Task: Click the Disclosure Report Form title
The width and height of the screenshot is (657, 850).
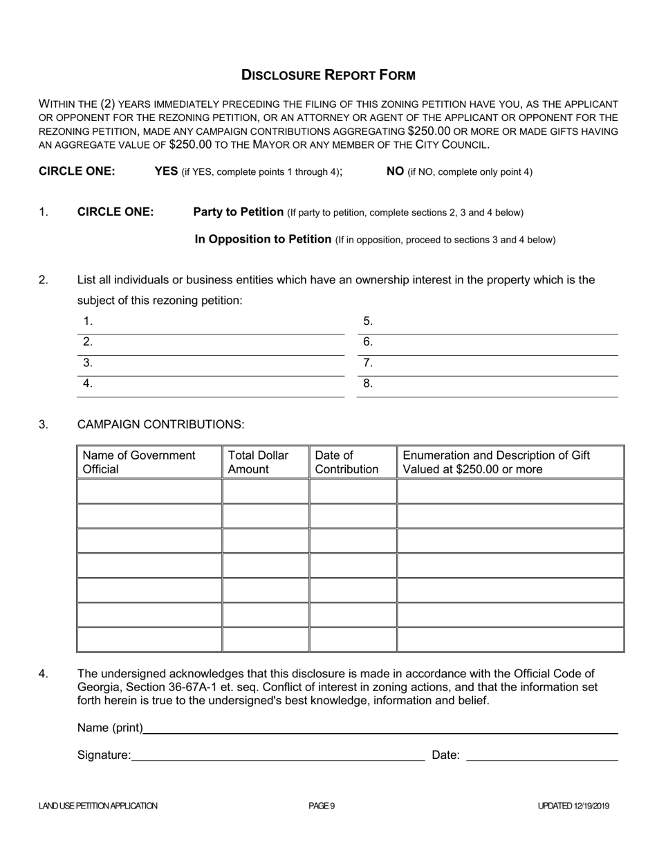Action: tap(328, 75)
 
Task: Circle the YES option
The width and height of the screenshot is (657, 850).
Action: tap(166, 171)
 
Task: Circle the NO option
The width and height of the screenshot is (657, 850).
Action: tap(395, 171)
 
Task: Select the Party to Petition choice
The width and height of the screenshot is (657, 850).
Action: tap(238, 212)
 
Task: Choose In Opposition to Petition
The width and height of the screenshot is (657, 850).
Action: tap(263, 239)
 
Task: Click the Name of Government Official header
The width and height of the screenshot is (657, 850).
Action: tap(139, 462)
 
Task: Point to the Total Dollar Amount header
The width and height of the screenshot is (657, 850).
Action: tap(258, 462)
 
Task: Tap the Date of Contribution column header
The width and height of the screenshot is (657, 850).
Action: tap(346, 462)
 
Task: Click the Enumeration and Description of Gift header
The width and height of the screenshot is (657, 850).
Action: tap(496, 462)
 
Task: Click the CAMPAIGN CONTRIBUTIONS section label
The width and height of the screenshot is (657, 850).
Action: tap(160, 424)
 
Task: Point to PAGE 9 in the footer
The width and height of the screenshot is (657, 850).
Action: tap(322, 806)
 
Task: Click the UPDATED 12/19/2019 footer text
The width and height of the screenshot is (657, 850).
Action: tap(573, 806)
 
